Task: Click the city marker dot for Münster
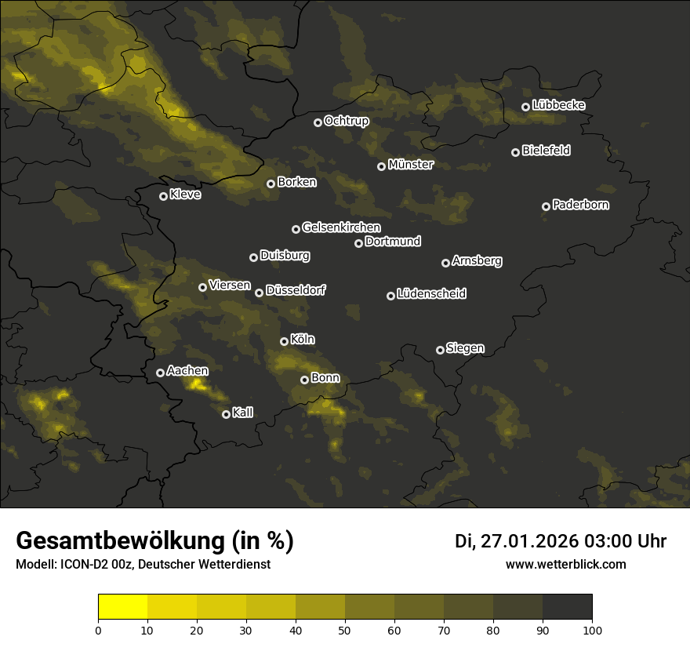tap(382, 166)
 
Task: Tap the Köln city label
tap(303, 340)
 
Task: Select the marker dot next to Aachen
tap(160, 373)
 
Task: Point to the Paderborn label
tap(581, 205)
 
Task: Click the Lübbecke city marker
tap(525, 107)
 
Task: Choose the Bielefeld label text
tap(546, 151)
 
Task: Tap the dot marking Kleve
tap(163, 196)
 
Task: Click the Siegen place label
tap(465, 348)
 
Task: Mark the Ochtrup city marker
tap(318, 122)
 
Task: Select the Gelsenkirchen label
tap(341, 227)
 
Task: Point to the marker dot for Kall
tap(226, 414)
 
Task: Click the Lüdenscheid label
tap(431, 294)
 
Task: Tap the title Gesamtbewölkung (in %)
tap(154, 541)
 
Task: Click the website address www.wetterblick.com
tap(565, 565)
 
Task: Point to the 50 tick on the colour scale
tap(345, 629)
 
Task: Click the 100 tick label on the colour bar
tap(592, 629)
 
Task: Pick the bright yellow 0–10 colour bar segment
tap(123, 607)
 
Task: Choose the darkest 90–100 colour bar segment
tap(567, 607)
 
